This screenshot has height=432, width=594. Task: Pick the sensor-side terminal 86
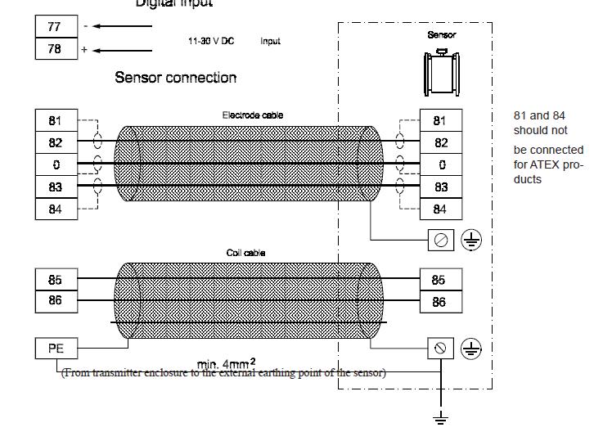tap(439, 303)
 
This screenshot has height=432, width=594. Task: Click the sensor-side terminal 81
tap(439, 120)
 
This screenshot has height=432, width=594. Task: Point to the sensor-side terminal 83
tap(439, 187)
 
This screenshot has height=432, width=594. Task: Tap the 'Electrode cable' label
tap(253, 115)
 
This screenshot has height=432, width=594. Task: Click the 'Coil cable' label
tap(245, 253)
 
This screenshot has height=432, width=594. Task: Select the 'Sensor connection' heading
tap(175, 78)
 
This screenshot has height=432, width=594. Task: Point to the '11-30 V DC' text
tap(211, 41)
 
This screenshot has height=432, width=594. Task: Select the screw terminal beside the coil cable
tap(440, 348)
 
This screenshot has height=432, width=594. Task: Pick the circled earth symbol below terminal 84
tap(471, 240)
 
